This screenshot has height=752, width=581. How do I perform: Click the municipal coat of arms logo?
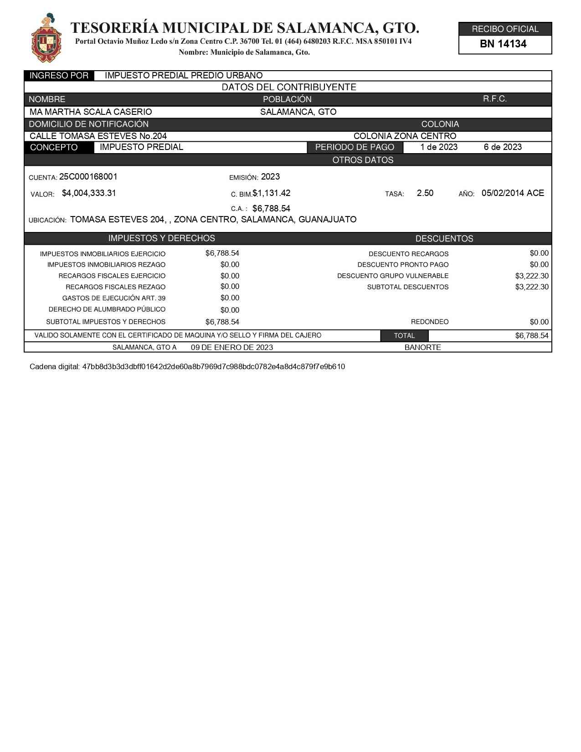point(46,38)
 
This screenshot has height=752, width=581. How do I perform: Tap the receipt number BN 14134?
point(503,44)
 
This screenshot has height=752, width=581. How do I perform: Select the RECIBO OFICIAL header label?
point(505,29)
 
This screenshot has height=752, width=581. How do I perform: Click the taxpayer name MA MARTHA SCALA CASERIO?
point(91,112)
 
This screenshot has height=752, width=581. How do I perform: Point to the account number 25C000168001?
point(88,177)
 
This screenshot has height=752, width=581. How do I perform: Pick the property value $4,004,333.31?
point(89,193)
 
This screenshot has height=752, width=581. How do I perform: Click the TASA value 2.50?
point(425,193)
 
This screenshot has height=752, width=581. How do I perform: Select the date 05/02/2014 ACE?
point(513,193)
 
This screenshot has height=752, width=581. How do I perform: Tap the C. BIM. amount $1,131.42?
point(272,193)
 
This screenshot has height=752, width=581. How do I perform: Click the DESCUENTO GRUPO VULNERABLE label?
point(393,276)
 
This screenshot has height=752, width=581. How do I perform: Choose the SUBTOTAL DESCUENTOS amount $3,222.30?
point(532,287)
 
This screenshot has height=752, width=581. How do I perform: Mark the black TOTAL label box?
point(404,336)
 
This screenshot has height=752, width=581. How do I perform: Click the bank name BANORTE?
point(422,348)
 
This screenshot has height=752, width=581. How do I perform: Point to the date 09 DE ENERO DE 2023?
point(232,348)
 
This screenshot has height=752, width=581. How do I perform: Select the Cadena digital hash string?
point(213,367)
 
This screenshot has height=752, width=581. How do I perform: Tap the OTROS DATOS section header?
point(363,160)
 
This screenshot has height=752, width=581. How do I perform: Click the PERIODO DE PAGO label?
point(355,148)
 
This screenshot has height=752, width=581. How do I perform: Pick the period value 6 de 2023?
point(503,147)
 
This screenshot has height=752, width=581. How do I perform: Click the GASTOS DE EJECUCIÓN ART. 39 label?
point(114,299)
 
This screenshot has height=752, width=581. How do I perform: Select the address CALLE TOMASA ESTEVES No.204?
point(98,136)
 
